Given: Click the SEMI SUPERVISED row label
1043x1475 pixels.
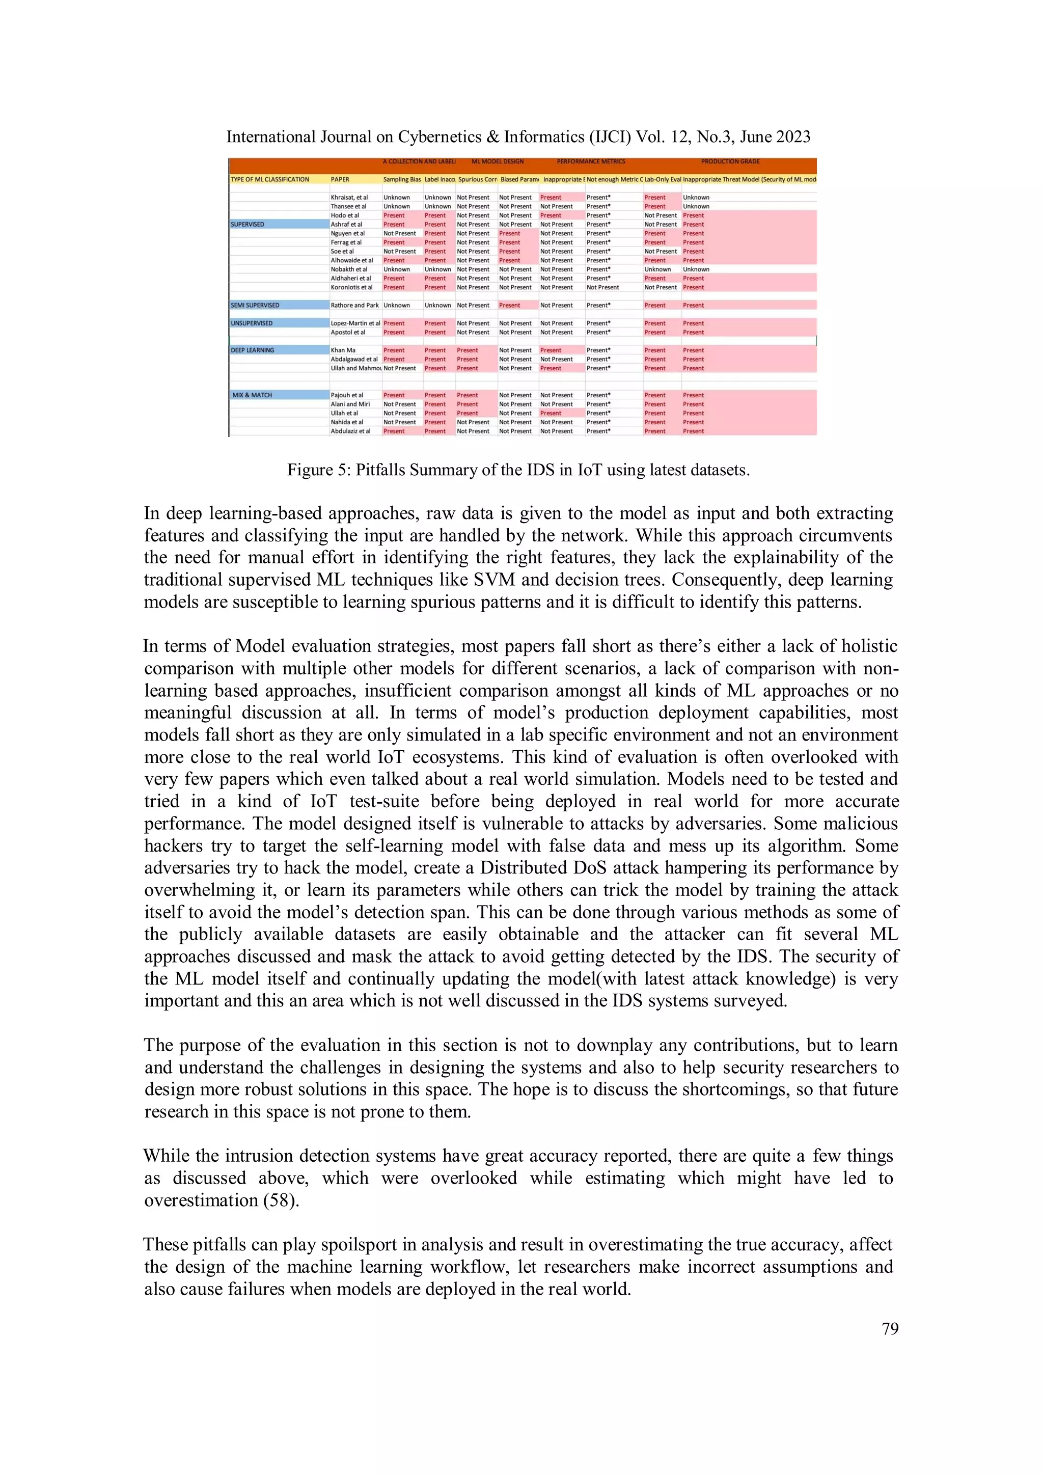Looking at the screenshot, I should click(x=255, y=305).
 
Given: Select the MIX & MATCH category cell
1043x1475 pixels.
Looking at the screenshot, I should click(x=253, y=395).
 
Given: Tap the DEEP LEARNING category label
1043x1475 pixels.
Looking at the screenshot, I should click(x=253, y=350).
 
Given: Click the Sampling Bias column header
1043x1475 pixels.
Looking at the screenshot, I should click(x=402, y=179).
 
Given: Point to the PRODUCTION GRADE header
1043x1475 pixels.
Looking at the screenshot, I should click(x=730, y=162).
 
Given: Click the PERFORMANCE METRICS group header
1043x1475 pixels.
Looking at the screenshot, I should click(x=590, y=162).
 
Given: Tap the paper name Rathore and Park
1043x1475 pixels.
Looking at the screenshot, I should click(x=354, y=305).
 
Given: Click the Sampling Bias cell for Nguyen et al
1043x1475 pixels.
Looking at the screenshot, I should click(x=399, y=233).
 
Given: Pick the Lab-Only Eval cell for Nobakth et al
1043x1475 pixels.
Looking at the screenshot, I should click(x=657, y=269).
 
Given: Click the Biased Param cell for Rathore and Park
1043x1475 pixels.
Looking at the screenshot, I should click(x=509, y=305).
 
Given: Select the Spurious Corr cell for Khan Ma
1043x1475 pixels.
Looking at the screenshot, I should click(x=467, y=350).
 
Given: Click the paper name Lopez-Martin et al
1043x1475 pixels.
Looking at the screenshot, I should click(x=355, y=323).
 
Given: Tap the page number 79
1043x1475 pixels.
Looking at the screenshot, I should click(x=890, y=1329).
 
